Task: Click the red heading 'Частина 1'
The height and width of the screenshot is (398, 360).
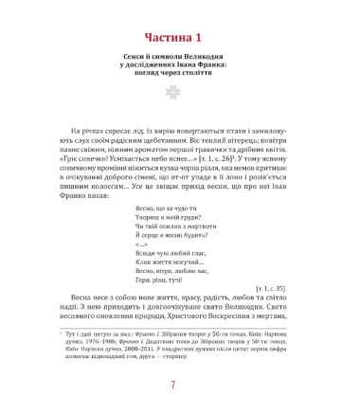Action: pos(179,38)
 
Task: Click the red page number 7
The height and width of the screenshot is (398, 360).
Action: pos(180,383)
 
